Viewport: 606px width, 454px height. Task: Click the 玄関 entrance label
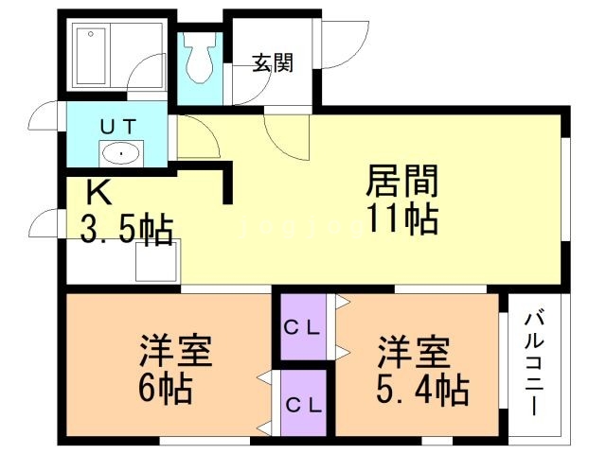click(272, 64)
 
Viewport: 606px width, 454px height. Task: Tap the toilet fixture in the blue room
click(200, 62)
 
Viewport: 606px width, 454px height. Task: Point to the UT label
click(120, 125)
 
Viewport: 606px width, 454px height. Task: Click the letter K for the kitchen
click(98, 193)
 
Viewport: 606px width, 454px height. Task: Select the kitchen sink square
click(155, 259)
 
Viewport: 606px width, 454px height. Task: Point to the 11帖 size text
click(401, 219)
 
